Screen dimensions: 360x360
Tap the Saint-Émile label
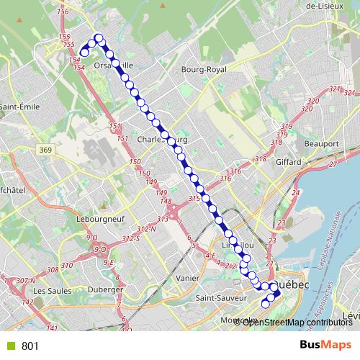tap(19, 107)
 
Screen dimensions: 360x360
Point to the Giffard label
tap(289, 162)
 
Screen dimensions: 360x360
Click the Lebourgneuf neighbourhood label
tap(101, 217)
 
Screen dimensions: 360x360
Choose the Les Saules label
tap(50, 290)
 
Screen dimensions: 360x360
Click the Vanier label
tap(187, 278)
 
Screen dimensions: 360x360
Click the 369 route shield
tap(46, 149)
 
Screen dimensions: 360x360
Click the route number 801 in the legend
tap(30, 346)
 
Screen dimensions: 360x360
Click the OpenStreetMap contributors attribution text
tap(297, 322)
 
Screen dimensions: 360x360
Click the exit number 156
tap(62, 12)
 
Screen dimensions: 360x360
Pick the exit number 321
tap(333, 89)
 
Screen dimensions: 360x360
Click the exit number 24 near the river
tap(295, 194)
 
